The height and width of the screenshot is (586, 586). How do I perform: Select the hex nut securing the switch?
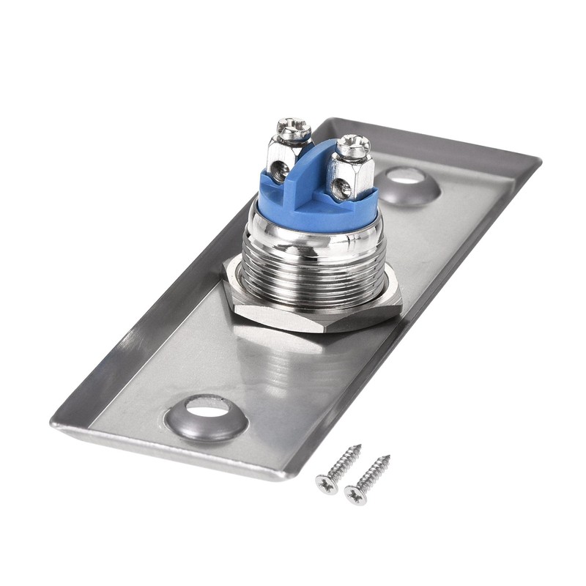tap(315, 308)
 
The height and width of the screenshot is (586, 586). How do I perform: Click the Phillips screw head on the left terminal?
tap(293, 130)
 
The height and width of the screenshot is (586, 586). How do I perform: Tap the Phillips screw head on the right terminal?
tap(353, 146)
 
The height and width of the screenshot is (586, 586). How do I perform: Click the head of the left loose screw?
tap(324, 483)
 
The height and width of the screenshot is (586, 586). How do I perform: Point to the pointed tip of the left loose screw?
tap(359, 445)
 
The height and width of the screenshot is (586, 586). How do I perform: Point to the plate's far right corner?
tap(540, 159)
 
